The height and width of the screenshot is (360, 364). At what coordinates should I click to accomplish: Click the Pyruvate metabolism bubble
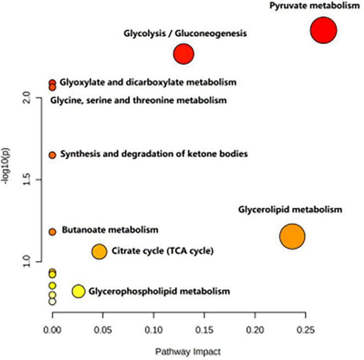coord(324,30)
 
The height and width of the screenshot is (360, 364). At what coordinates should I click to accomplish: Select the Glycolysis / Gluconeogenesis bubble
coord(183,54)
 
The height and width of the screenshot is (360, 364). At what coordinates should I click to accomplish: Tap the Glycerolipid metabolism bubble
coord(292,236)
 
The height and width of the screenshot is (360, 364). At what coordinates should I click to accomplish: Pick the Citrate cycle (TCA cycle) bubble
coord(99,252)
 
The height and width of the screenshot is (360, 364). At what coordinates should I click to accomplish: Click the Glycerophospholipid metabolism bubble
coord(78,291)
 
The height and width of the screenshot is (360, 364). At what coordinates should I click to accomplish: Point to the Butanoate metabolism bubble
coord(52,232)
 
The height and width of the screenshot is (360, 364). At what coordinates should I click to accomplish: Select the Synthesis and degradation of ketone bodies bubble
coord(52,155)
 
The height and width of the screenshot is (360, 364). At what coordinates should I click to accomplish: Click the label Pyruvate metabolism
coord(314,6)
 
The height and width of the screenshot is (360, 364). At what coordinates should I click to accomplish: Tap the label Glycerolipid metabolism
coord(290,210)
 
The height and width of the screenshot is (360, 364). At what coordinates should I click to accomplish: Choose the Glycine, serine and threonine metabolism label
coord(138,101)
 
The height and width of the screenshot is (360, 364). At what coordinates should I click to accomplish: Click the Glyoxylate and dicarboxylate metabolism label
coord(148,82)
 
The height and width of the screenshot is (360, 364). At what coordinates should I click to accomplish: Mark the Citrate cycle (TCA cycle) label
coord(162,251)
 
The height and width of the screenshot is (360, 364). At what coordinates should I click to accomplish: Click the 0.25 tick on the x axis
coord(305,330)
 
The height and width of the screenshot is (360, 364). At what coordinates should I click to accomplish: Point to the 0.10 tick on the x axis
coord(153,330)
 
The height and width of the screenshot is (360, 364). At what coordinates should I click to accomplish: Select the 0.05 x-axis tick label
coord(103,330)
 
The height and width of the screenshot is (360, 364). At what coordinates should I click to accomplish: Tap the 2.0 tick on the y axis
coord(27,98)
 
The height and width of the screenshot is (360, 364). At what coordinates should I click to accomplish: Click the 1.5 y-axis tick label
coord(27,180)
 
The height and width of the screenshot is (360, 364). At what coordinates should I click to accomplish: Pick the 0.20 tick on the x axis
coord(255,330)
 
